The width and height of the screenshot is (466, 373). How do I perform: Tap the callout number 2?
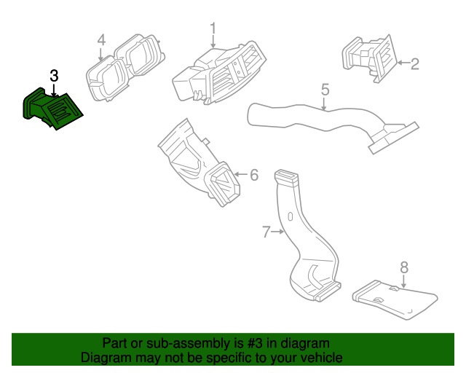tap(414, 64)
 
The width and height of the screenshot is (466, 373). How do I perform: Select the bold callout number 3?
tap(54, 76)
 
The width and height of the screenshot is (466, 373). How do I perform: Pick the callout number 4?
tap(101, 39)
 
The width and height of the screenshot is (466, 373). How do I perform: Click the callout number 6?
tap(253, 175)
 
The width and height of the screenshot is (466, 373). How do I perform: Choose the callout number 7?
tap(266, 232)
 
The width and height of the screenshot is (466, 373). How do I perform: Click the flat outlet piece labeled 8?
tap(393, 299)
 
